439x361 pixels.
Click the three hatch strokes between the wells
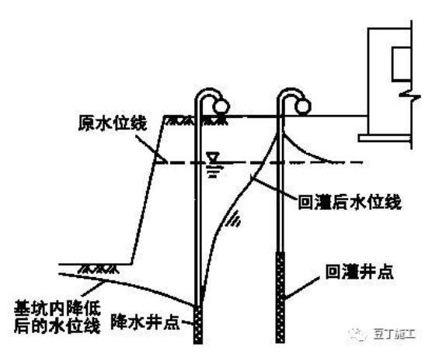[x=233, y=222]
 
